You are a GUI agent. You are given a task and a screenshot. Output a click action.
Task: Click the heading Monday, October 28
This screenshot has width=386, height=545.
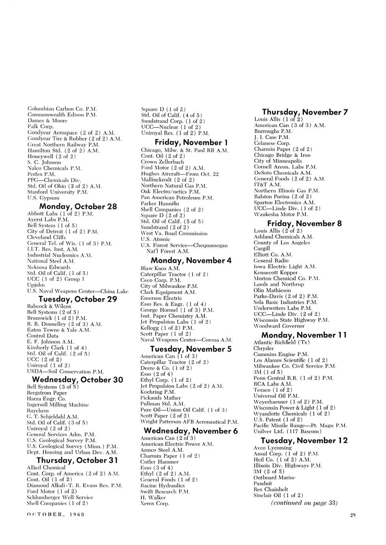pyautogui.click(x=78, y=207)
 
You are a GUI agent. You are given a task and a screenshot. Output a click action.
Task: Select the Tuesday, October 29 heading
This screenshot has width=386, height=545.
pyautogui.click(x=78, y=299)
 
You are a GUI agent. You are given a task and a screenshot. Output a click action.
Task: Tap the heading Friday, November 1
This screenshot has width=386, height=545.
pyautogui.click(x=189, y=142)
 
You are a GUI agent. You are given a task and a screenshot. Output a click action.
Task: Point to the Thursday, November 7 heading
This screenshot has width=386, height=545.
pyautogui.click(x=305, y=112)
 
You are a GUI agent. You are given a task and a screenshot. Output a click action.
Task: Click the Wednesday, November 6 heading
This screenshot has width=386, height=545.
pyautogui.click(x=191, y=430)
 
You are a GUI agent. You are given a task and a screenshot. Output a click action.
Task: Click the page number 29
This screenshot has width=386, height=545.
pyautogui.click(x=352, y=515)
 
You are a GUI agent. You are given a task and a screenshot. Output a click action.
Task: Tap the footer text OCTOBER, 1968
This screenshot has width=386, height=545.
pyautogui.click(x=55, y=515)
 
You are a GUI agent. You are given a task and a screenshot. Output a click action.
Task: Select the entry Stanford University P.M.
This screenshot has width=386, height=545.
pyautogui.click(x=57, y=192)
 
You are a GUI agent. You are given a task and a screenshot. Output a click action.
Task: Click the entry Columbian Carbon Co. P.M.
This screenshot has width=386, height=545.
pyautogui.click(x=62, y=109)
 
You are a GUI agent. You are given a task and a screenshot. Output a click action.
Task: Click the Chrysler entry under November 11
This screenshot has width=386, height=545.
pyautogui.click(x=263, y=348)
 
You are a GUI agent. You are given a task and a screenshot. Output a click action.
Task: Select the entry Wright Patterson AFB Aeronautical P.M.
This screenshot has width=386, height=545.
pyautogui.click(x=189, y=422)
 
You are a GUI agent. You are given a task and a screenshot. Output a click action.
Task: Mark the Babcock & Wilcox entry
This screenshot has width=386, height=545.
pyautogui.click(x=49, y=306)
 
